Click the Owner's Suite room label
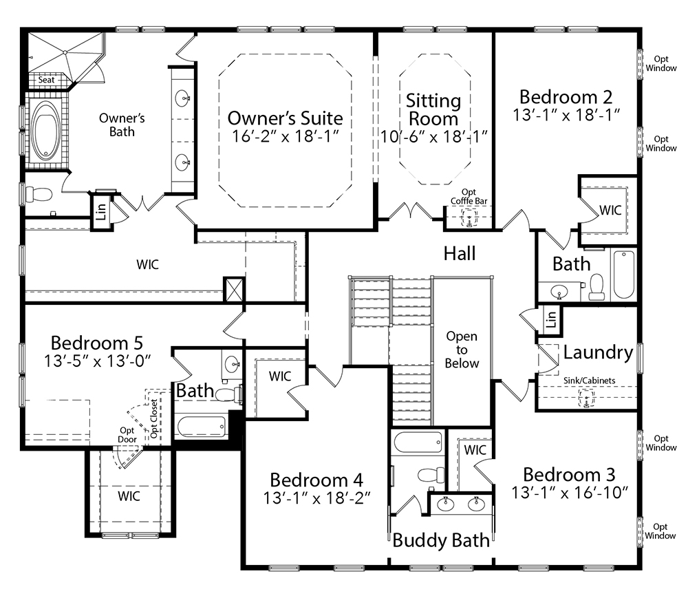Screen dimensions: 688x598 286,118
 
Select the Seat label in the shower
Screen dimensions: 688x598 46,80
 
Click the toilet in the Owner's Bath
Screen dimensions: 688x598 39,194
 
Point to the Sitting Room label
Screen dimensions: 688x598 433,109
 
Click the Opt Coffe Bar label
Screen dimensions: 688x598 469,197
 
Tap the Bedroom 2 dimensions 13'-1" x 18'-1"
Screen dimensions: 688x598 566,115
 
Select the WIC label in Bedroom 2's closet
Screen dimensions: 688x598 610,210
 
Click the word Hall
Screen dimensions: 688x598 460,254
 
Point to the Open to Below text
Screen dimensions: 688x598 462,350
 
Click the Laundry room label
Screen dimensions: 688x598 598,352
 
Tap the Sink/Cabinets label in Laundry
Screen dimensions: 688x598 590,381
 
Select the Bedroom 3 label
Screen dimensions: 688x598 569,475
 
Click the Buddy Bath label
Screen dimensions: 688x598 441,540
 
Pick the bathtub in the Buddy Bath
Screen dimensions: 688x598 418,442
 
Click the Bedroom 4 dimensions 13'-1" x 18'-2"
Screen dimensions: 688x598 316,498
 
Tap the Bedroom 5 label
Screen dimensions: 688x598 96,343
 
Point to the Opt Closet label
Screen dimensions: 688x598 154,418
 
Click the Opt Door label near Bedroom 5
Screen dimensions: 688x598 127,435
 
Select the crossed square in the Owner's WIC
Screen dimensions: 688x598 234,289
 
